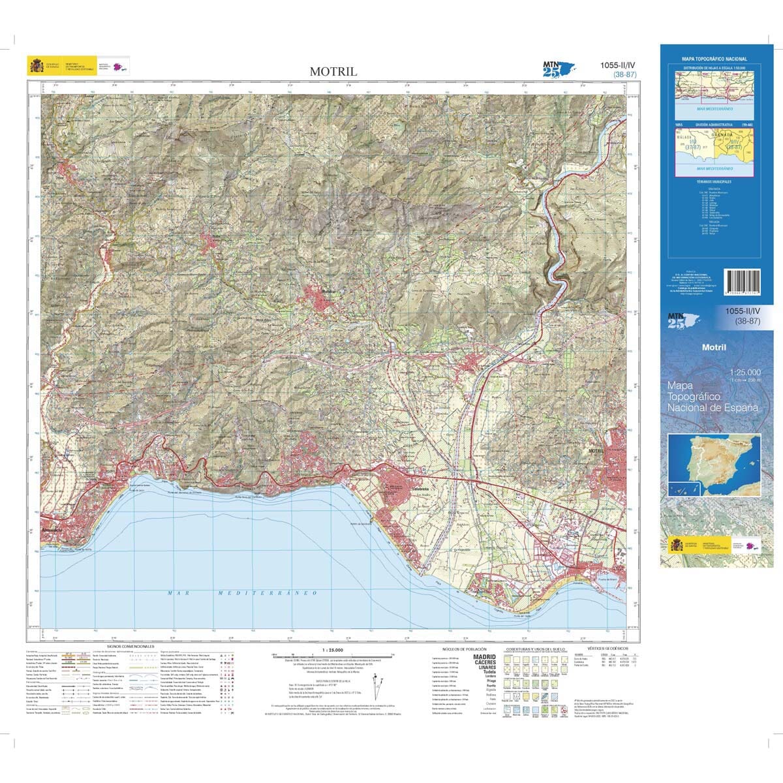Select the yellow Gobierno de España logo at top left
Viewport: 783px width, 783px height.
[x=37, y=66]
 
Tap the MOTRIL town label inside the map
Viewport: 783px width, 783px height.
[x=598, y=451]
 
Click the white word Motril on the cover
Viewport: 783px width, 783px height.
[x=714, y=347]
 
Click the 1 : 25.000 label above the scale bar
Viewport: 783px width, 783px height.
[x=332, y=650]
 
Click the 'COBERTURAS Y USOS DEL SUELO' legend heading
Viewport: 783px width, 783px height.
[x=536, y=650]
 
